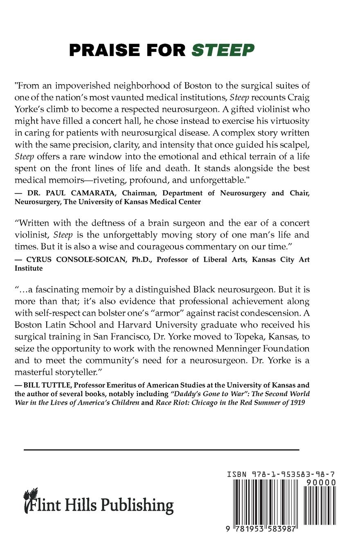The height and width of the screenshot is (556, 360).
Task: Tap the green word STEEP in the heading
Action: click(223, 50)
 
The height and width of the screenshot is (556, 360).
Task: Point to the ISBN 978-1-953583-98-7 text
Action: click(281, 474)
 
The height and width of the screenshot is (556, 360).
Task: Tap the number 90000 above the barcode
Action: click(321, 482)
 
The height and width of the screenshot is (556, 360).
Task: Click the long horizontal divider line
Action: click(162, 450)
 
